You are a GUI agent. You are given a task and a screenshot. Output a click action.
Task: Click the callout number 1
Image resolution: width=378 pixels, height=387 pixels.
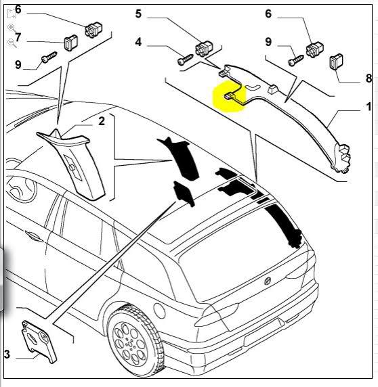click(x=369, y=107)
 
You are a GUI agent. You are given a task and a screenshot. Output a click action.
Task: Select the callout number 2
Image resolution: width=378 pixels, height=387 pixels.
click(x=102, y=121)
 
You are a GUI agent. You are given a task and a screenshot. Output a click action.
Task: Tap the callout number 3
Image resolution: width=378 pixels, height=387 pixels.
click(x=7, y=354)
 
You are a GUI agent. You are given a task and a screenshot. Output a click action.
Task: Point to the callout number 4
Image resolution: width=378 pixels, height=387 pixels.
click(x=138, y=42)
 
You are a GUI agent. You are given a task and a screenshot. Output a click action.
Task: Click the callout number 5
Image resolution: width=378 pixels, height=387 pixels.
click(x=138, y=14)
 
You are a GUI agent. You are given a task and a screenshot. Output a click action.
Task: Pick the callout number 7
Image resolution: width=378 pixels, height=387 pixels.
click(x=18, y=37)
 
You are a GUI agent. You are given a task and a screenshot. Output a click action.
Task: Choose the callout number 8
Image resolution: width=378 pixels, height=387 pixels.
click(x=369, y=78)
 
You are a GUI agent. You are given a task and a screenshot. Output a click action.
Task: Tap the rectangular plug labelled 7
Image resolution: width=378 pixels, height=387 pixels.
click(x=71, y=43)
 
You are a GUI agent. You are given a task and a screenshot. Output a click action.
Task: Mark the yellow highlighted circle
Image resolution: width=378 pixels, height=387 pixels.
click(x=230, y=96)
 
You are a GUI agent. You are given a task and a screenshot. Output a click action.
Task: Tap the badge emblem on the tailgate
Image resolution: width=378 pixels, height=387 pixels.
click(x=268, y=281)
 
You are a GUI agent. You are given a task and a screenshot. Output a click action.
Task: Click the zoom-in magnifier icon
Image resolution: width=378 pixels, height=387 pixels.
click(x=12, y=28)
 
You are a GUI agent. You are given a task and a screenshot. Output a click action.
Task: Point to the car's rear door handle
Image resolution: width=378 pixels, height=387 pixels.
click(x=34, y=235)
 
